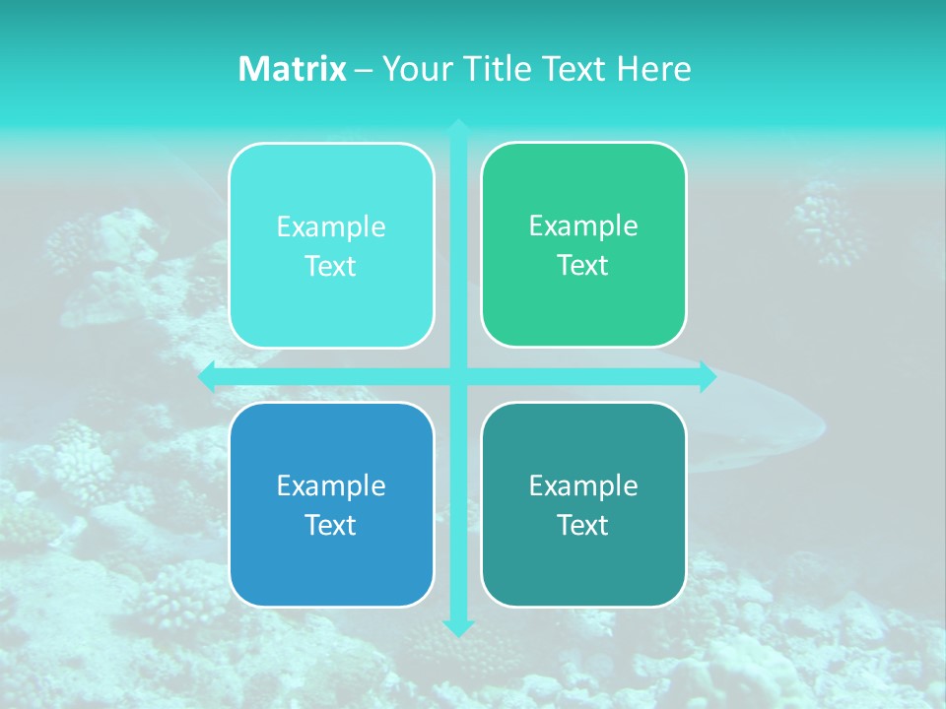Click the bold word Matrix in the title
pos(293,69)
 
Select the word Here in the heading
pos(654,69)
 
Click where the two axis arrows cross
pos(458,376)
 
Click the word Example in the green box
pos(583,226)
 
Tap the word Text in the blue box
pos(331,525)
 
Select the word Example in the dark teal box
pos(583,485)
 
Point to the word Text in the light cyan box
pos(331,266)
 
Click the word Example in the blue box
pos(331,485)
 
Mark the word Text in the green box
pos(583,266)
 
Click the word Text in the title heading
pos(575,69)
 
